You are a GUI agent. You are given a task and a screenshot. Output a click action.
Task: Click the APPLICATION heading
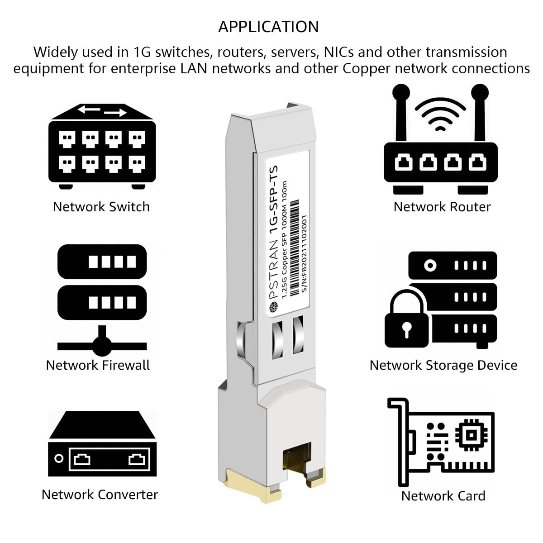pos(268,27)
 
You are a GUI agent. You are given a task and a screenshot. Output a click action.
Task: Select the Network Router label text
pos(442,207)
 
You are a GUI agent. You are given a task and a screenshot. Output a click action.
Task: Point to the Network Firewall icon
pos(102,299)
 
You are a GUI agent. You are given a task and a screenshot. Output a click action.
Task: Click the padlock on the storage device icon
pos(406,321)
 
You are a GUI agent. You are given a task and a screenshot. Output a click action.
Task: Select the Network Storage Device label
pos(443,365)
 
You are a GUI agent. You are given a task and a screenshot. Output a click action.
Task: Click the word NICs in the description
pos(339,52)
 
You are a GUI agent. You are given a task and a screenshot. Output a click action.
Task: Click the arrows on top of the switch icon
pos(102,110)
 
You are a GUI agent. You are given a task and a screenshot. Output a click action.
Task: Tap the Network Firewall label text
pos(98,365)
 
